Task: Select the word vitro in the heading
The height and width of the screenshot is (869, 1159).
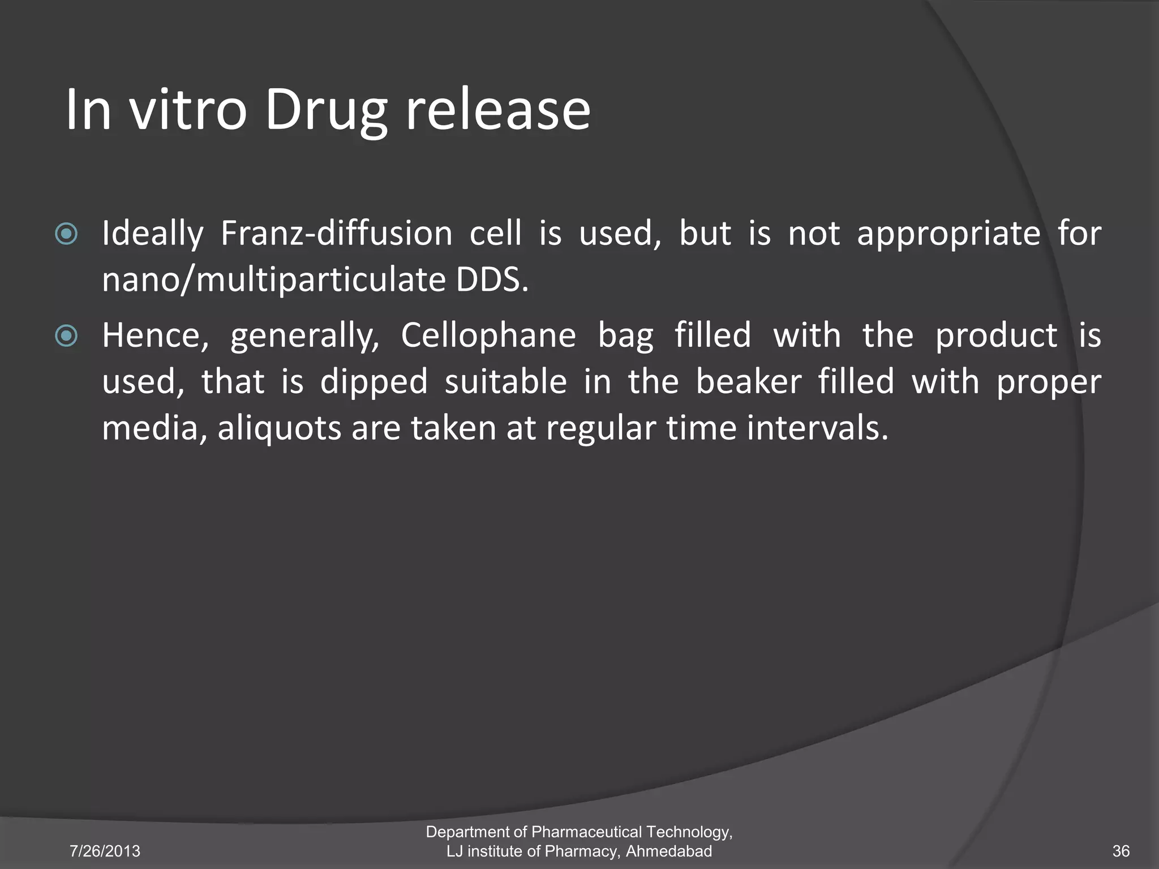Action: tap(188, 110)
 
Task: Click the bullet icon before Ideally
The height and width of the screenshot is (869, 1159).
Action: tap(66, 234)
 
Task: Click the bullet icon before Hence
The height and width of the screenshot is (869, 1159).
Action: tap(66, 336)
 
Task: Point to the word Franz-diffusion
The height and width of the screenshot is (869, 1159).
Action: tap(336, 233)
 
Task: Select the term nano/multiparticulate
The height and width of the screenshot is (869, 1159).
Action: tap(274, 281)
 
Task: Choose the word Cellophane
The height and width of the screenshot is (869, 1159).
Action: tap(488, 336)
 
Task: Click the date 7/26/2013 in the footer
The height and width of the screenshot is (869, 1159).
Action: tap(105, 851)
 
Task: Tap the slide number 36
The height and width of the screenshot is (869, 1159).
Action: tap(1121, 851)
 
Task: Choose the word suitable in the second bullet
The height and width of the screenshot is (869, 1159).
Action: tap(505, 382)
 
